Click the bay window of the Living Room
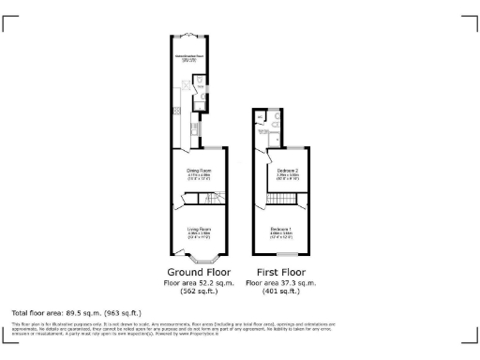point(199,258)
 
